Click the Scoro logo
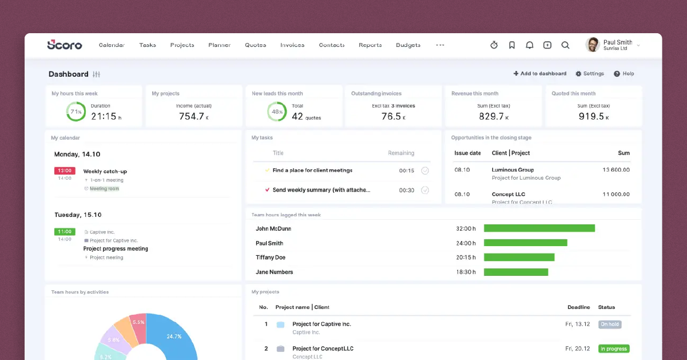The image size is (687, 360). point(65,45)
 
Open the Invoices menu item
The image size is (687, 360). point(292,45)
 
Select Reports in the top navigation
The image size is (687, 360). point(370,45)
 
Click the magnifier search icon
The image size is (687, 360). point(565,45)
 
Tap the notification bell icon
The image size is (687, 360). point(530,45)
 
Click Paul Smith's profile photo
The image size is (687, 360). point(593,45)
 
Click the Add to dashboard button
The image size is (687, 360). point(540,74)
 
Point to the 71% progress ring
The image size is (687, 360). point(76,112)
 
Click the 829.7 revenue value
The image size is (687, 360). point(491,116)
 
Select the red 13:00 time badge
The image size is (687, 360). point(65,171)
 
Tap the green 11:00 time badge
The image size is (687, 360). point(65,232)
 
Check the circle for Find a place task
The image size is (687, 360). point(425,171)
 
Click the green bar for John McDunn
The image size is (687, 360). point(539,228)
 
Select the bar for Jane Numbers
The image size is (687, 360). point(515,272)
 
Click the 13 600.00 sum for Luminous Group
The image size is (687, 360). point(616,170)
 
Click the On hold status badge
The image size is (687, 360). point(610,325)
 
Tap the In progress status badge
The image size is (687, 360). point(614,349)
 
